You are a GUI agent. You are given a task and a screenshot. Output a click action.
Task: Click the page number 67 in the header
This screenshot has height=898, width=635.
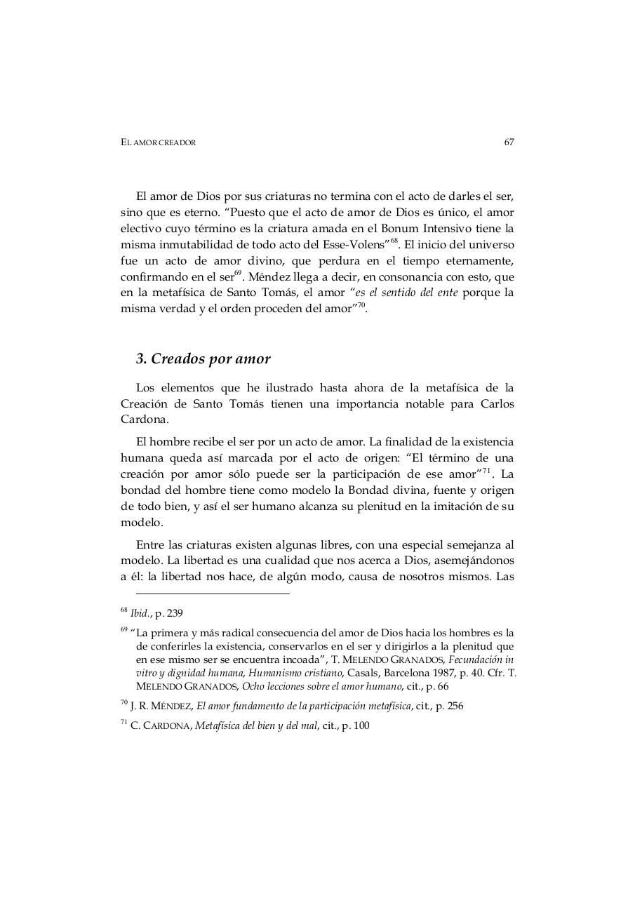tap(509, 142)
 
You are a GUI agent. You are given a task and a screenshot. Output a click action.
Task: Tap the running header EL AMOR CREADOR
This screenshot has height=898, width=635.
tap(158, 142)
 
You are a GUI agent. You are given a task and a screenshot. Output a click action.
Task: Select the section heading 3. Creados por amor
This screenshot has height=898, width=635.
tap(203, 358)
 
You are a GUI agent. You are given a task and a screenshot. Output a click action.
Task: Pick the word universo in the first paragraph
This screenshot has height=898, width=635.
tap(491, 245)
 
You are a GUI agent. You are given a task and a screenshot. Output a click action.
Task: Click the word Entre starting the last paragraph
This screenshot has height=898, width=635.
tap(151, 544)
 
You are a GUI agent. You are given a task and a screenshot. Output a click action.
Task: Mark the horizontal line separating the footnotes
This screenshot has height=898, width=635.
tap(212, 594)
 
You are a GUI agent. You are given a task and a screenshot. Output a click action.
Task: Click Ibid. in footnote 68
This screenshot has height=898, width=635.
tap(141, 613)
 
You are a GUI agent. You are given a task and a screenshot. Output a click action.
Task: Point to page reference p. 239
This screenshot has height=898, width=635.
tap(169, 613)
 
